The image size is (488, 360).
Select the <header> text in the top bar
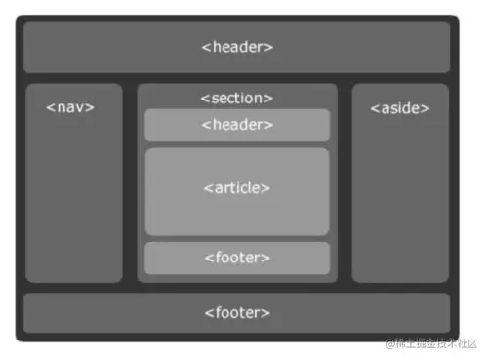point(237,47)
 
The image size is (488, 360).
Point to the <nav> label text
point(70,106)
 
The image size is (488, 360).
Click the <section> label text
point(237,98)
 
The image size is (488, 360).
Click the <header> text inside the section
point(237,125)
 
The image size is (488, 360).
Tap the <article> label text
point(237,187)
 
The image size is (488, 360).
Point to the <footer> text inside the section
point(237,258)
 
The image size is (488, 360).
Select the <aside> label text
point(400,107)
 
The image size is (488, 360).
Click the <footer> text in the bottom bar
point(237,313)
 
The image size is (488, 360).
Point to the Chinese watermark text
point(437,343)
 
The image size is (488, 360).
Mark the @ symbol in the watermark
point(390,343)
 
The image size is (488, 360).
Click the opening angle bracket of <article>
point(208,188)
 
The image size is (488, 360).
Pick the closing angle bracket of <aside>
point(426,108)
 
